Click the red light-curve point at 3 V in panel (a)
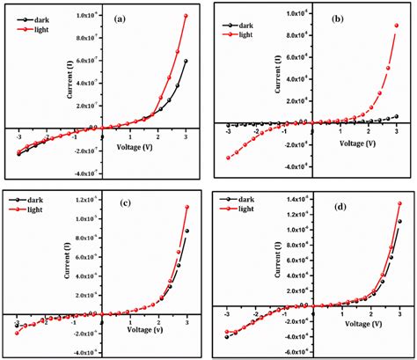186,16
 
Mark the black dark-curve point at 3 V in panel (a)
186,61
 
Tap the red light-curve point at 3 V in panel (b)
398,26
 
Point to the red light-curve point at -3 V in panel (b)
228,158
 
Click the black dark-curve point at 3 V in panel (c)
187,231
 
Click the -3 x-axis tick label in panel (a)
18,136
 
